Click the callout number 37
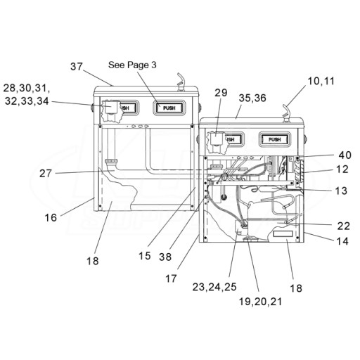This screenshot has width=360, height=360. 77,67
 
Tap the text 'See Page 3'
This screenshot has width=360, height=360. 132,65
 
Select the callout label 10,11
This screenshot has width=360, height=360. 321,81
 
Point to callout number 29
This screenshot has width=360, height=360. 221,93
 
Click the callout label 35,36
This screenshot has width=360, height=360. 252,98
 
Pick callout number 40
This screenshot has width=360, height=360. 345,155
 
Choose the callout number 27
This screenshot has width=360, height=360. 46,174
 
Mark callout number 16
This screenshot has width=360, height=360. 51,217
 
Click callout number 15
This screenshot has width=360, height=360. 144,256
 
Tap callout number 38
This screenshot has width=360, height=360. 165,257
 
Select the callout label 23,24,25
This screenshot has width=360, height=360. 214,287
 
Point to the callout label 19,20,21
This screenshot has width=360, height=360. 260,302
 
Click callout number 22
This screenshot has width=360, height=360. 344,226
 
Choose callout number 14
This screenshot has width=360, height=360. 342,241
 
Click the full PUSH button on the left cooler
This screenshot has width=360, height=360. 169,108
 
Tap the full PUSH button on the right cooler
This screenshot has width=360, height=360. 274,139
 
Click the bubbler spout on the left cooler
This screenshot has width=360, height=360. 181,82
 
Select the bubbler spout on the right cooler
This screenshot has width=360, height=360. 286,113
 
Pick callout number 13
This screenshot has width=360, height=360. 341,191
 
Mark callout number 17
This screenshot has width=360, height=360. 171,278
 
